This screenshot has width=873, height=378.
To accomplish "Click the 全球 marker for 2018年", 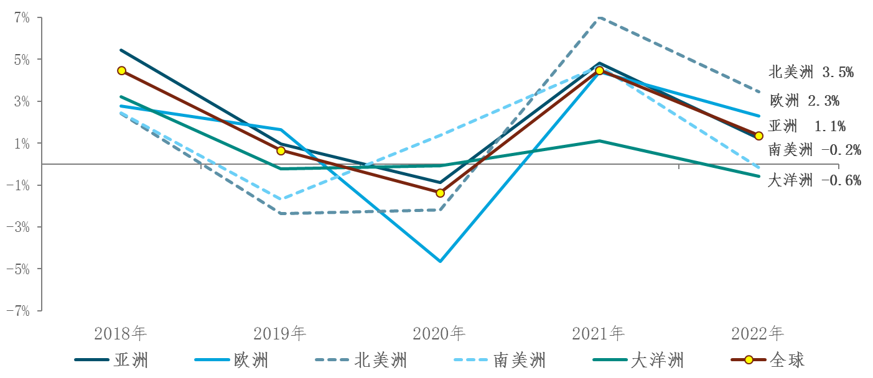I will (121, 71).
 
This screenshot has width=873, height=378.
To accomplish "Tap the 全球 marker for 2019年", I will (281, 150).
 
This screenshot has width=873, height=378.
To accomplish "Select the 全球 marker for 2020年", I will (440, 193).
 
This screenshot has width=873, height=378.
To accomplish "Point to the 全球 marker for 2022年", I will (759, 136).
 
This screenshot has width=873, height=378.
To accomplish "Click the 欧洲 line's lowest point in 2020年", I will (440, 261).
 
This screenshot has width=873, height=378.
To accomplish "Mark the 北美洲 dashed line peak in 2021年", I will (599, 18).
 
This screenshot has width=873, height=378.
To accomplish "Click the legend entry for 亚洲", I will (112, 360).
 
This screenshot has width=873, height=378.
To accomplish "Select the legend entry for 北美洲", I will (362, 360).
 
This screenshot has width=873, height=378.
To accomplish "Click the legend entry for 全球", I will (768, 360).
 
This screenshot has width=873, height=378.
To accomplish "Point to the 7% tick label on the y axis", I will (22, 18).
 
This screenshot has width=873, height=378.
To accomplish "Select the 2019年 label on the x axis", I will (280, 334).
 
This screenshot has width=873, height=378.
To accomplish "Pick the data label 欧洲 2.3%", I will (805, 100).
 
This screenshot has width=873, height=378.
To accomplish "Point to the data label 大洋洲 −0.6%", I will (815, 180).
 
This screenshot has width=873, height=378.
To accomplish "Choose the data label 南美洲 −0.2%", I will (815, 149).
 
